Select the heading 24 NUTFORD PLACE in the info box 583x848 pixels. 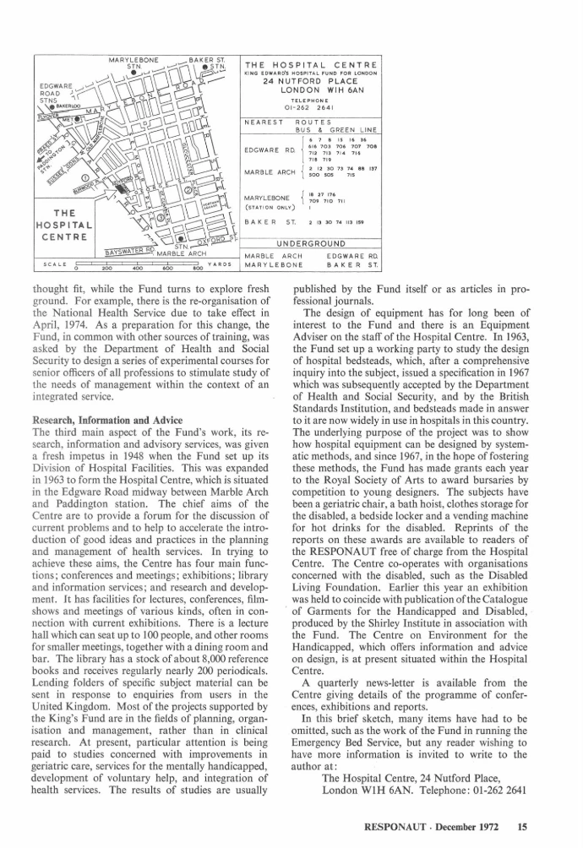(x=309, y=82)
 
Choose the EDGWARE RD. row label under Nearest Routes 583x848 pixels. (x=268, y=150)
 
